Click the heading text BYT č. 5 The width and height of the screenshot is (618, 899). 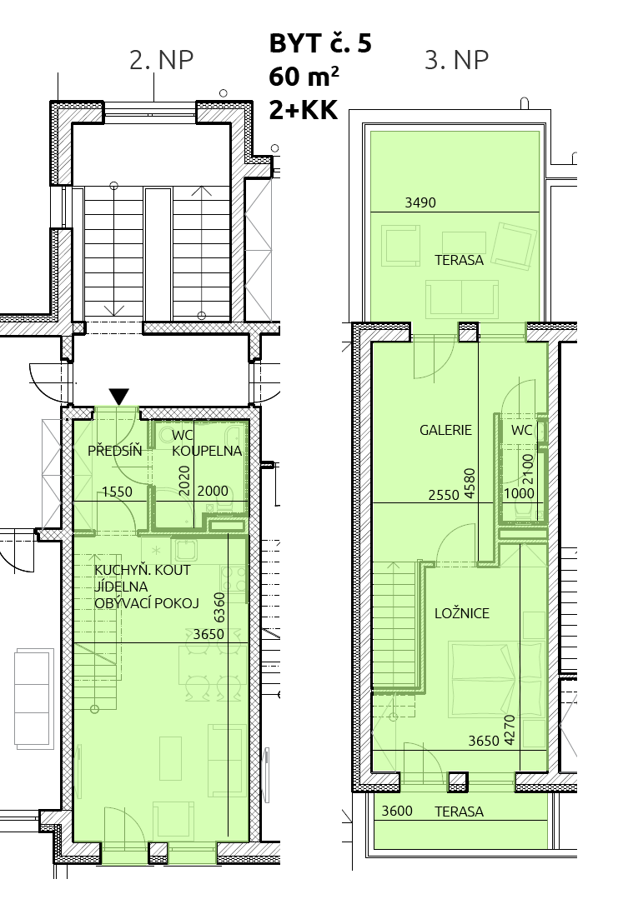point(320,43)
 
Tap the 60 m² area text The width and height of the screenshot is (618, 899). point(304,76)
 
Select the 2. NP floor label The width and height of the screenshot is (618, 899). point(161,60)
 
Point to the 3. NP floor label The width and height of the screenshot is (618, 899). point(457,60)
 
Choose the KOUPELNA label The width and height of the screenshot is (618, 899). point(207,451)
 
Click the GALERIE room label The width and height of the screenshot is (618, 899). point(445,430)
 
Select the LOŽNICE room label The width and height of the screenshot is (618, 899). point(462,613)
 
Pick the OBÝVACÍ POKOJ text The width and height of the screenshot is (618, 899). point(146,603)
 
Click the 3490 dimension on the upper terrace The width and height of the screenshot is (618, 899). point(420,202)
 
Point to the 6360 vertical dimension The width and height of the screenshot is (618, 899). point(219,607)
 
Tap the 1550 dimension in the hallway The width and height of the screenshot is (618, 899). point(117,492)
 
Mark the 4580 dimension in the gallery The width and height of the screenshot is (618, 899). point(470,484)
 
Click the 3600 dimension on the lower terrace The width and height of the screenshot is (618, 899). point(397,811)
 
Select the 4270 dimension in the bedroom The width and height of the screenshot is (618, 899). point(509,730)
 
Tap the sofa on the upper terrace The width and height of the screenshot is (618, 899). point(462,299)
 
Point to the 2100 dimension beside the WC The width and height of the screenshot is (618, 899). point(528,469)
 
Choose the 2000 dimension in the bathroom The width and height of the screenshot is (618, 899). point(213,492)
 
